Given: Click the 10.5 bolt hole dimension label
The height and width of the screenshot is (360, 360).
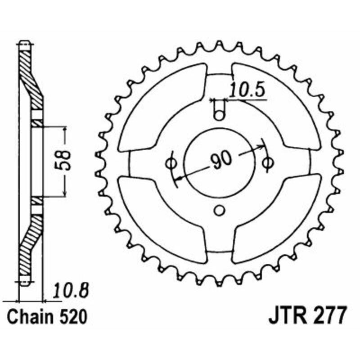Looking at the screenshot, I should coord(247,90).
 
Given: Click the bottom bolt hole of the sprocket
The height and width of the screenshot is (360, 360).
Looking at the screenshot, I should coord(219,210).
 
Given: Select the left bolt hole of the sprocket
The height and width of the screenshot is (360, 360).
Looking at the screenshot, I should coord(171,163).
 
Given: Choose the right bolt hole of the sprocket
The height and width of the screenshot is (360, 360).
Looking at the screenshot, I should coord(267,163).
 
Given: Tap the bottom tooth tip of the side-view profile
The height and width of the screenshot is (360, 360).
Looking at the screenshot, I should coord(24,283).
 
